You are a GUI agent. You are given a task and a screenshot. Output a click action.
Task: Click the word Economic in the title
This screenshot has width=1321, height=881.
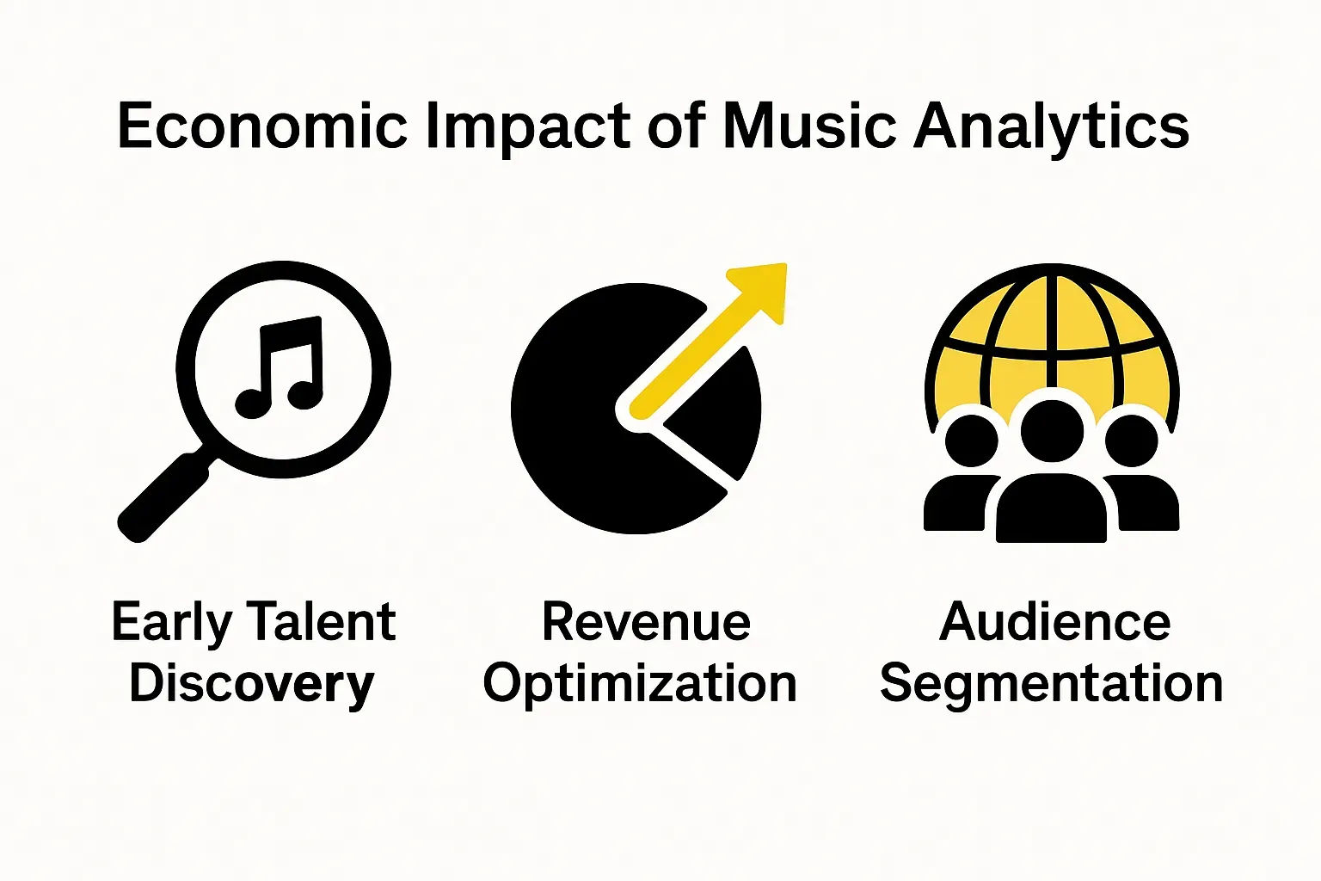[261, 126]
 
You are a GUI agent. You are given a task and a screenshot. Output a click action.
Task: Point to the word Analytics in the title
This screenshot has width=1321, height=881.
[1051, 126]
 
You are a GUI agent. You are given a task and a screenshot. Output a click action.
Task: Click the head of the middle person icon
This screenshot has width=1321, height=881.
[1051, 431]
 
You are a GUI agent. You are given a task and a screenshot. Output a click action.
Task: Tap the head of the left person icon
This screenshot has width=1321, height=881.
[972, 440]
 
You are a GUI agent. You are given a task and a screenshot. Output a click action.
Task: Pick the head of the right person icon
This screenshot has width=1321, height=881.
[1131, 440]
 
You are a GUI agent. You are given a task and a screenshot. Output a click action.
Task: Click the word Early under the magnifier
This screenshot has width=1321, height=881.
[171, 623]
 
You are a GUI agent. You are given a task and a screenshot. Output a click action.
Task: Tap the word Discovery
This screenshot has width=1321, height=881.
[252, 685]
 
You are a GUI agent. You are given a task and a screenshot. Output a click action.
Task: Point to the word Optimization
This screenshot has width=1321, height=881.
[640, 685]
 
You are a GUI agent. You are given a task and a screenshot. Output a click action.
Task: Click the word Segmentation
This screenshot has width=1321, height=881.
[1051, 685]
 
